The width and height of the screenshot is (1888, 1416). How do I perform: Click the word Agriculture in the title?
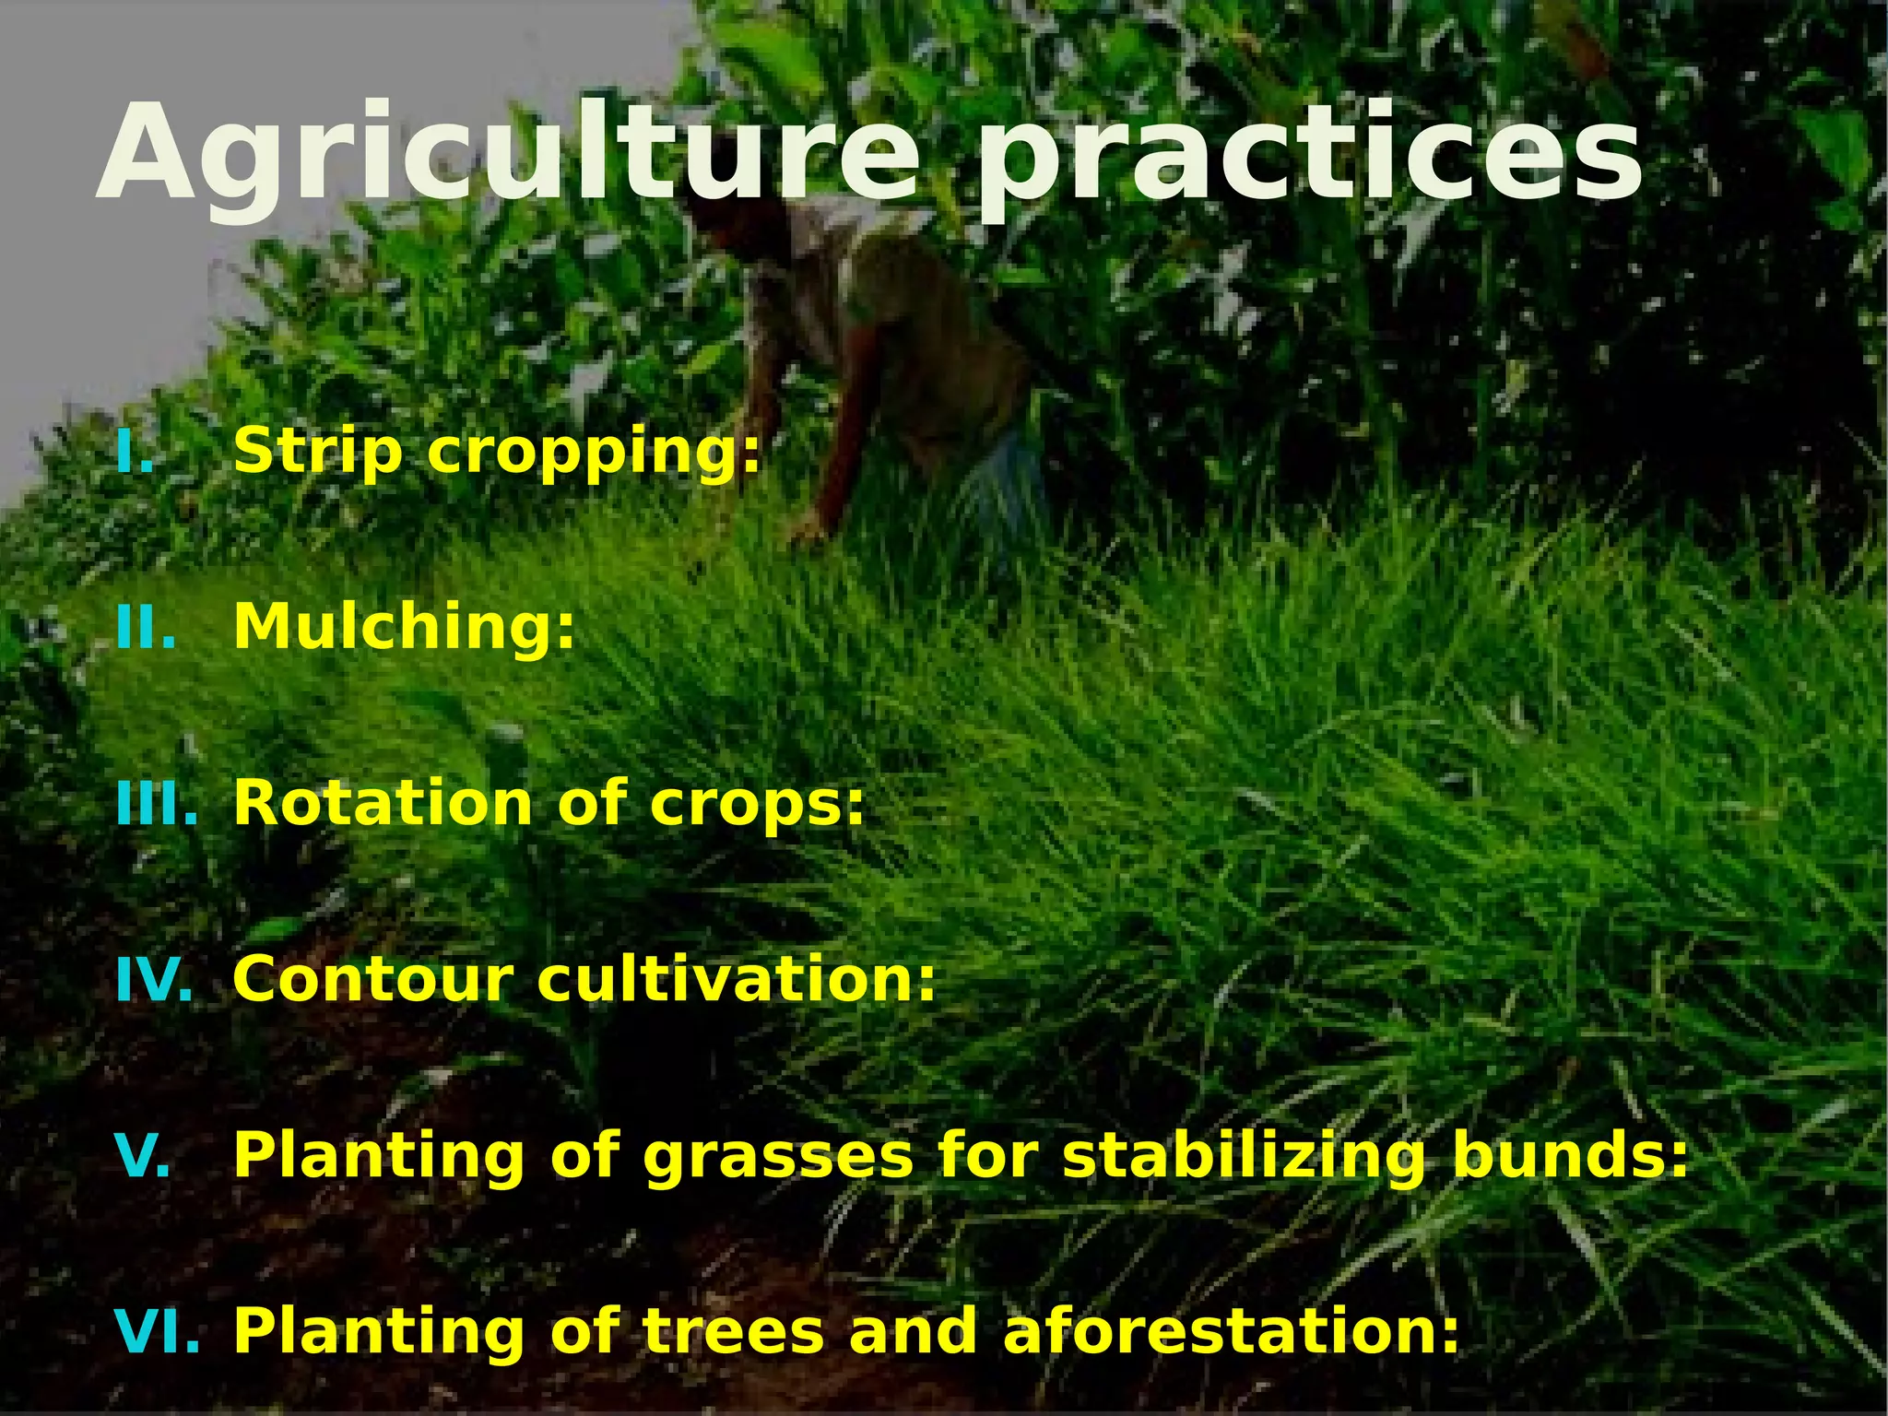pyautogui.click(x=507, y=157)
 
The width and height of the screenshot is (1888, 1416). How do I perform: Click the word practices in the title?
pyautogui.click(x=1309, y=157)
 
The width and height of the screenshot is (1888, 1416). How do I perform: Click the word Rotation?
pyautogui.click(x=383, y=805)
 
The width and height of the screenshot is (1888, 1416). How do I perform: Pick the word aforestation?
pyautogui.click(x=1231, y=1333)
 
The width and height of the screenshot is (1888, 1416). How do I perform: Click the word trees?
pyautogui.click(x=733, y=1333)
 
